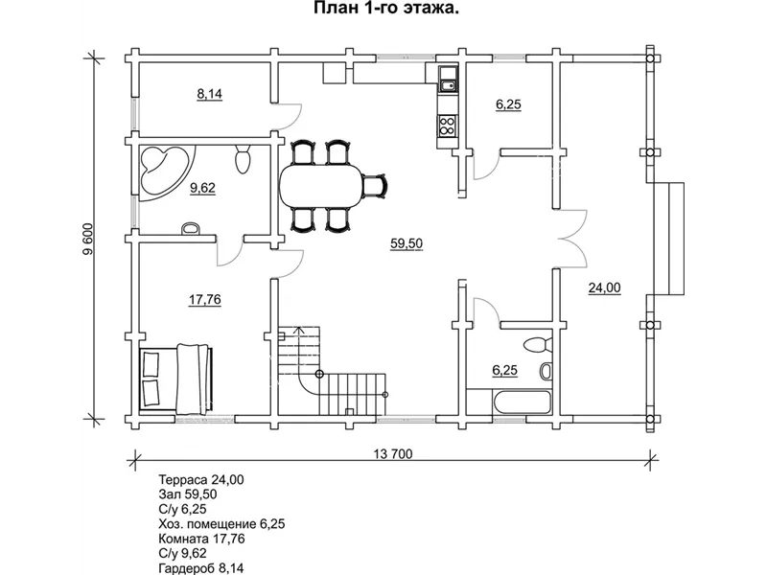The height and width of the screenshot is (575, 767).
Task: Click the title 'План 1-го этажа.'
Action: (386, 9)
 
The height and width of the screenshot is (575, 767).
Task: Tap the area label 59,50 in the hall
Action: (407, 243)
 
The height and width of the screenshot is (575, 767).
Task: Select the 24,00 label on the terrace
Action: (604, 288)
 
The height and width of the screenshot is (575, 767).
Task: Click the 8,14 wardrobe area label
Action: (209, 94)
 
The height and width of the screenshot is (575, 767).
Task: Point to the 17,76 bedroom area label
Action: (205, 299)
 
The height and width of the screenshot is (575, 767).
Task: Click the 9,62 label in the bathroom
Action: (203, 188)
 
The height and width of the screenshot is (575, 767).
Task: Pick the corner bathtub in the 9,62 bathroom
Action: (164, 172)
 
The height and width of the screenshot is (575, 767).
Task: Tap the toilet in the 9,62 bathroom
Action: (244, 158)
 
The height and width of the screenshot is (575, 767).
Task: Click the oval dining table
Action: (321, 187)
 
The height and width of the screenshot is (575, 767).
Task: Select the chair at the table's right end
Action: (375, 187)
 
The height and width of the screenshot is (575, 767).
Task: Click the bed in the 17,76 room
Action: (176, 376)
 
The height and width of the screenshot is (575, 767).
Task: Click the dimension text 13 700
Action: (393, 454)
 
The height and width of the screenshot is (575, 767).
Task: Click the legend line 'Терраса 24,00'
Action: (201, 480)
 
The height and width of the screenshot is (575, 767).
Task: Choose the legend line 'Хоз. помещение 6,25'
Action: (221, 524)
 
